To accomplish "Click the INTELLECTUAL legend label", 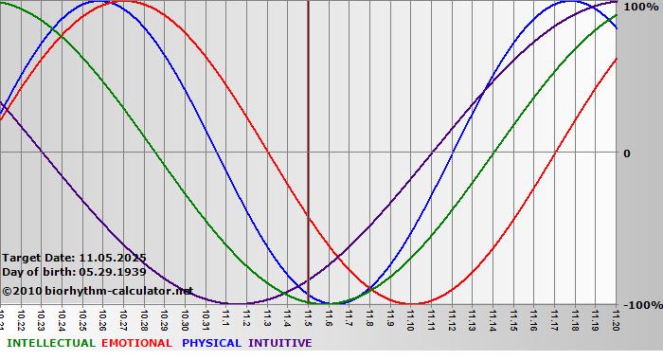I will point(50,343).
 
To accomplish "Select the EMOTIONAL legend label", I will point(136,343).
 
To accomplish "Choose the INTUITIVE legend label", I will point(280,343).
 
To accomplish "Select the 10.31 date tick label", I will point(206,318).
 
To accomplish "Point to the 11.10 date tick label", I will point(411,318).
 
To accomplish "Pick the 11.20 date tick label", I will point(617,318).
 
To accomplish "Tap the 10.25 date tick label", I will point(83,318).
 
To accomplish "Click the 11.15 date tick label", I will point(514,318).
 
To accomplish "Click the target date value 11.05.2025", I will point(113,257).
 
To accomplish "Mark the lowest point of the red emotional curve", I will point(411,304).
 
